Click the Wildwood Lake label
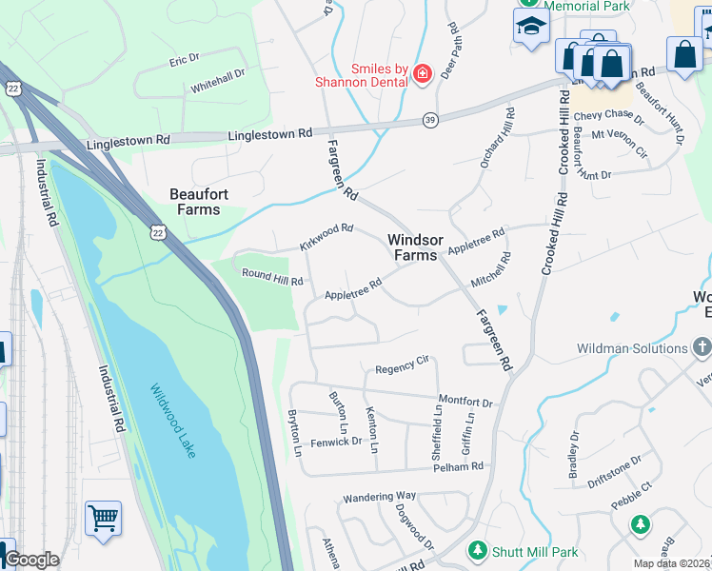coord(172,421)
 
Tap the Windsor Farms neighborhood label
coord(413,247)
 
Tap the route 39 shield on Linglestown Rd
coord(431,120)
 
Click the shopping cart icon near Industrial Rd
coord(103,518)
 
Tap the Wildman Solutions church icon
coord(702,348)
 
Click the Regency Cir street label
coord(403,365)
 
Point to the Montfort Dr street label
coord(465,401)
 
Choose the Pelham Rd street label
coord(458,466)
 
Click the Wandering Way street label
coord(380,496)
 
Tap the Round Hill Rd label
coord(271,281)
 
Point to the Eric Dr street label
coord(184,59)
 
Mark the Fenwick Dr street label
coord(337,441)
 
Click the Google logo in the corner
coord(31,561)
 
